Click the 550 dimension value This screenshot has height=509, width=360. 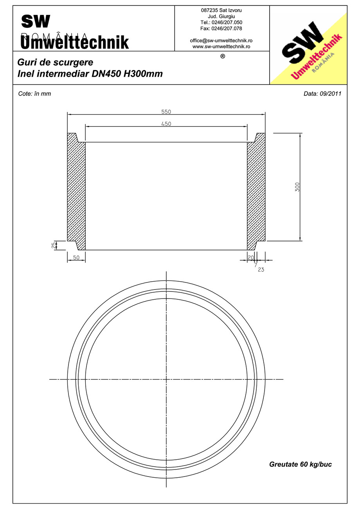pos(166,112)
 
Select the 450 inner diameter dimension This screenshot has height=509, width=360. pos(166,124)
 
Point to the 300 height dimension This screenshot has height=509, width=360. pos(297,187)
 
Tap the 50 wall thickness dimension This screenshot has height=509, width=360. pos(76,257)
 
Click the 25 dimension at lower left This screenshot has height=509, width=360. pos(54,245)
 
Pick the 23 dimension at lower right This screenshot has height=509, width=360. pos(261,269)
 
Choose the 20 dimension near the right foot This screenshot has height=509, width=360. pos(250,257)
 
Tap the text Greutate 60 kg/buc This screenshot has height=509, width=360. pos(301,464)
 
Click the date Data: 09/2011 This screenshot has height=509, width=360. pos(322,94)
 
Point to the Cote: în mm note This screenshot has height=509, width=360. pos(35,94)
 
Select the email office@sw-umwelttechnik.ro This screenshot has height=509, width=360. pos(221,41)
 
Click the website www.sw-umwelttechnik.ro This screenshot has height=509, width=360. pos(221,46)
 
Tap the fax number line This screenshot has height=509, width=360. pos(221,29)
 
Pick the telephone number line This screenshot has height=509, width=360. pos(221,22)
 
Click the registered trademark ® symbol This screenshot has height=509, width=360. pos(223,56)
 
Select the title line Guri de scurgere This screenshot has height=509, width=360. pos(55,63)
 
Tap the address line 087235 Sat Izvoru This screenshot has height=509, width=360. pos(221,10)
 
